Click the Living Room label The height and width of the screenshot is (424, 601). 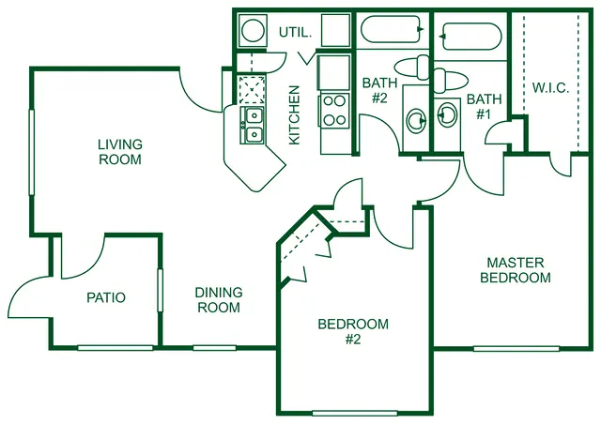click(120, 152)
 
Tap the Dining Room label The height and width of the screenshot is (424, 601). click(219, 300)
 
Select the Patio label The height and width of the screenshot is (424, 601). click(106, 297)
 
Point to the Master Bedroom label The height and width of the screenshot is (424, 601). click(516, 270)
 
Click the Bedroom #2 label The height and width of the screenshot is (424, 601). click(353, 332)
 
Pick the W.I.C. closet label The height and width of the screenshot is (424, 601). click(550, 88)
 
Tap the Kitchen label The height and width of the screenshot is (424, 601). click(294, 114)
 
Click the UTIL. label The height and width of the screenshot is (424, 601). click(295, 33)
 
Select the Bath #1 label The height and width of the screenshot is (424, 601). click(485, 107)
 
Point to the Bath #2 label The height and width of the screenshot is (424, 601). click(379, 90)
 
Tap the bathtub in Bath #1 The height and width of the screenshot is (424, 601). click(471, 37)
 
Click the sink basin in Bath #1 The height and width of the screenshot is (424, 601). click(447, 114)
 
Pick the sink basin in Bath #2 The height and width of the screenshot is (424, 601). click(416, 121)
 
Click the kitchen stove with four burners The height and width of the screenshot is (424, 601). click(334, 111)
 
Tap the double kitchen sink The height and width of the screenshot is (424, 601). click(253, 126)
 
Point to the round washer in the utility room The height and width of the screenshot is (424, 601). click(253, 30)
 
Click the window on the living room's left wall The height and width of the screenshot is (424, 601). click(32, 153)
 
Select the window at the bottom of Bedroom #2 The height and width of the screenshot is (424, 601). click(355, 414)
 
